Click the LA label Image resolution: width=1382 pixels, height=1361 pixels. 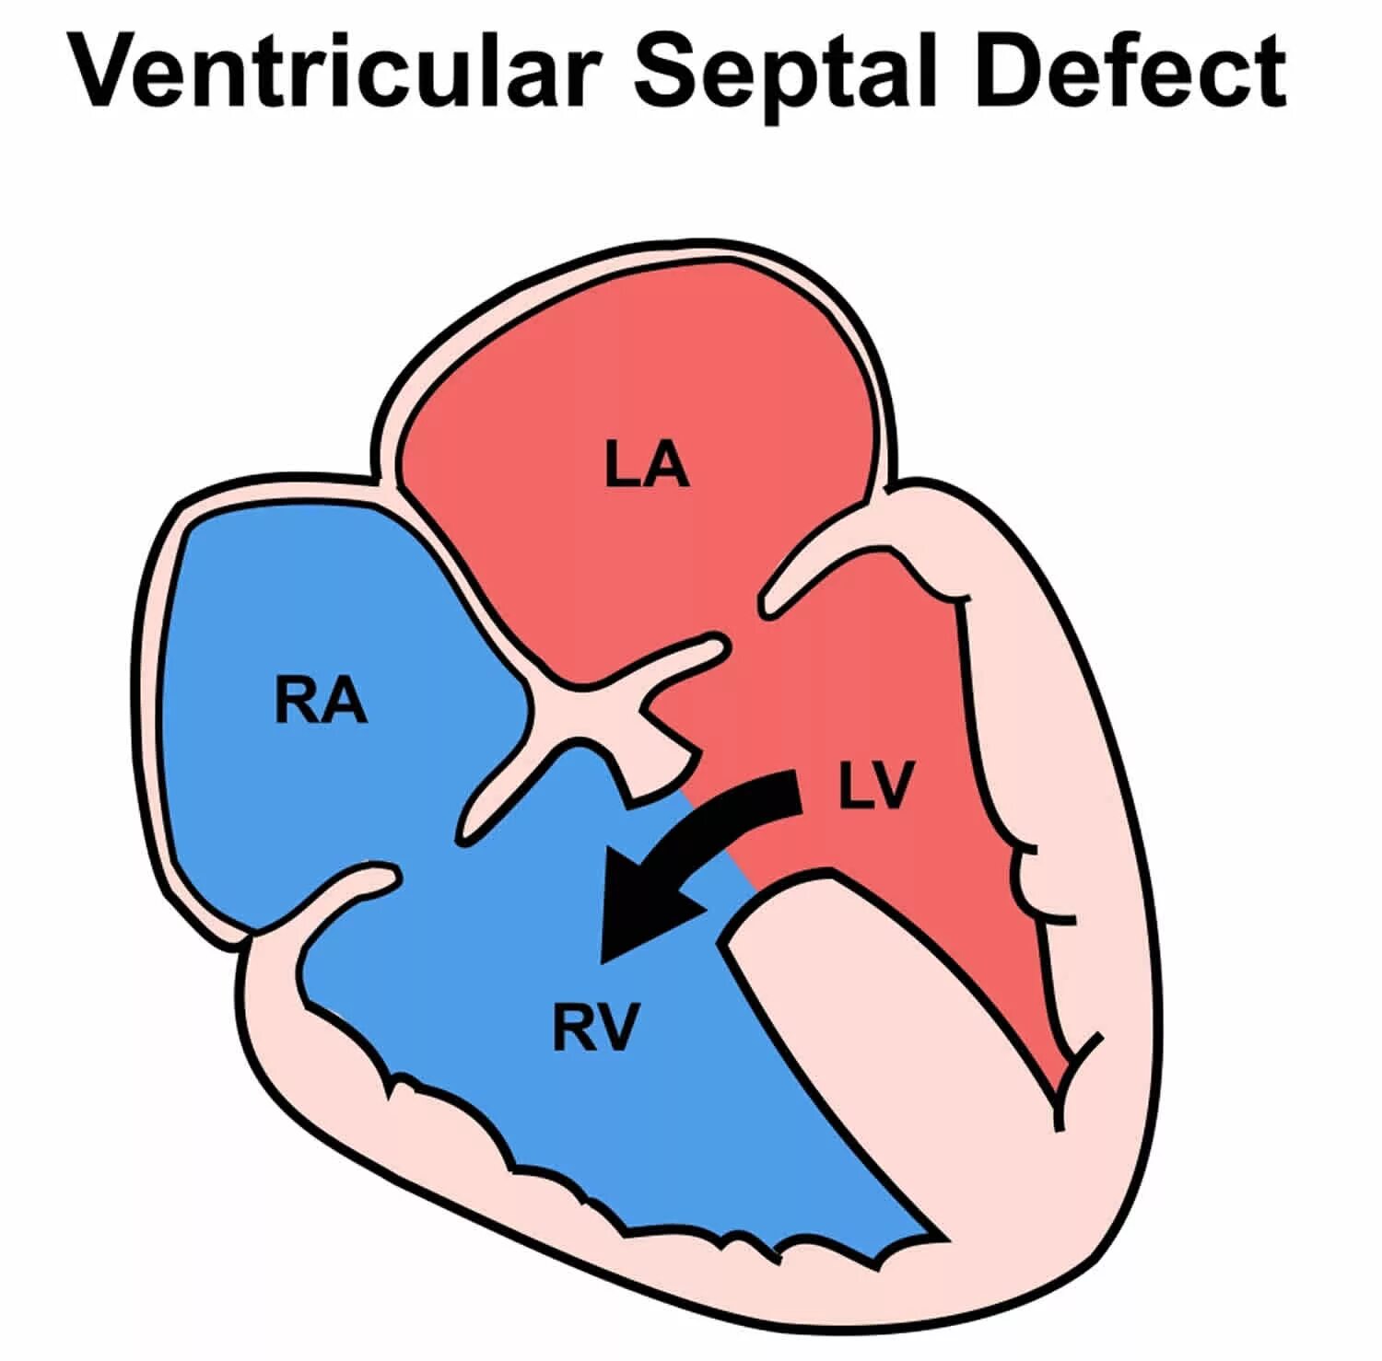647,464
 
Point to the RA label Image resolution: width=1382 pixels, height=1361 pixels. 321,702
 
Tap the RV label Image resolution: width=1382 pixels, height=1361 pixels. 595,1028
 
